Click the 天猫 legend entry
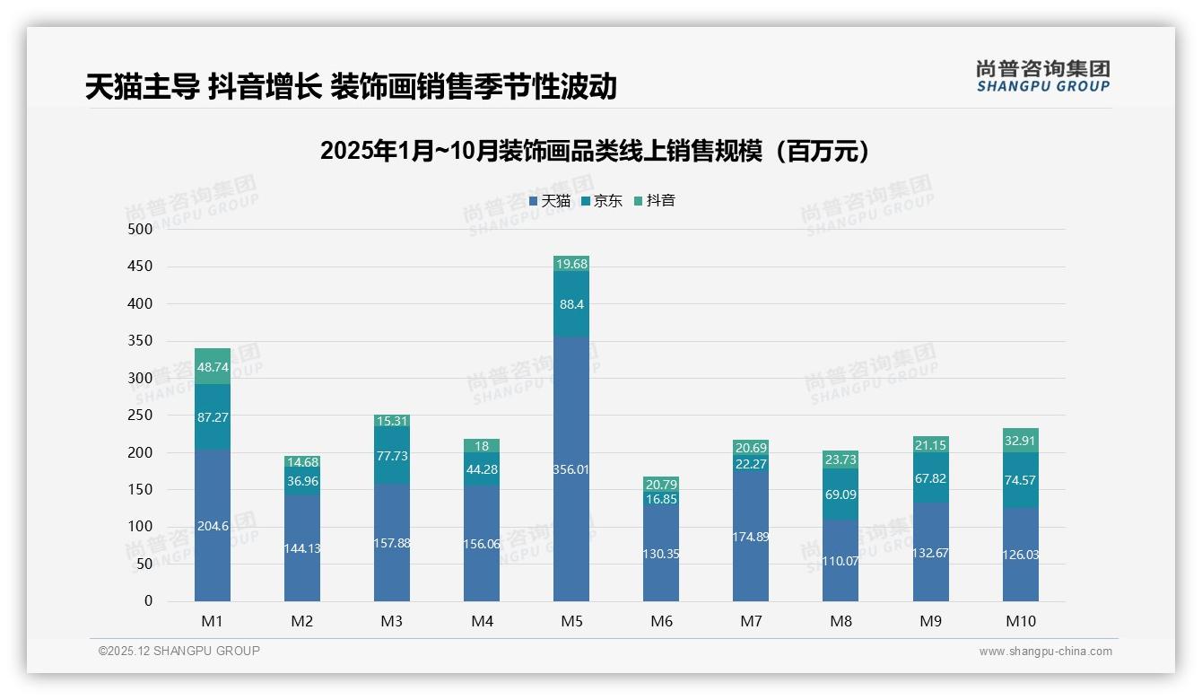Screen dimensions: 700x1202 click(550, 201)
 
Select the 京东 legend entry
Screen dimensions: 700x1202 click(602, 201)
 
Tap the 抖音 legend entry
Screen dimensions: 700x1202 click(655, 201)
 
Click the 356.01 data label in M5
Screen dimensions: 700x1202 click(571, 468)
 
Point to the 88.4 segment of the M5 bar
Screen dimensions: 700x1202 click(571, 304)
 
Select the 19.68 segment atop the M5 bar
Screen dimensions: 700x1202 click(571, 263)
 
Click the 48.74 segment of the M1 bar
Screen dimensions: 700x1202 click(213, 366)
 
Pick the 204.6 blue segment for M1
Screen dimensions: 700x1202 click(213, 526)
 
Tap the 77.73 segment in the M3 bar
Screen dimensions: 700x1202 click(392, 456)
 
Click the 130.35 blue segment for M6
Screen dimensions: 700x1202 click(661, 554)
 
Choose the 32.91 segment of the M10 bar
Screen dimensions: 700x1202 click(1021, 441)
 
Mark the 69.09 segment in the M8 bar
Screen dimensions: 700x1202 click(841, 494)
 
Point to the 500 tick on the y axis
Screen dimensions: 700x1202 click(141, 230)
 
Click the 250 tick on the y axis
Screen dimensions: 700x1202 click(141, 416)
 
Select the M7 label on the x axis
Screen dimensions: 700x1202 click(751, 621)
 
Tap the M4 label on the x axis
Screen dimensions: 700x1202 click(482, 621)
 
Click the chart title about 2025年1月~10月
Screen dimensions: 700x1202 click(595, 151)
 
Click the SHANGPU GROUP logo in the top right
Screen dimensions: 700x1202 click(1043, 76)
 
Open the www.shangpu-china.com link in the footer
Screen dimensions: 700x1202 click(1045, 652)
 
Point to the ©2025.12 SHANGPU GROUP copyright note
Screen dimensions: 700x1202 click(179, 652)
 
